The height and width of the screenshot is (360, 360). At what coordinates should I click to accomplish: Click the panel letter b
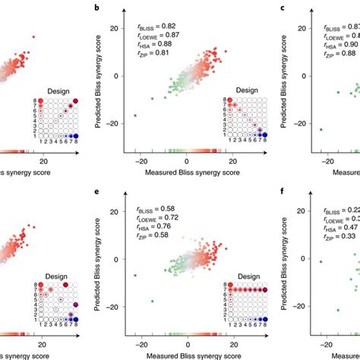point(118,7)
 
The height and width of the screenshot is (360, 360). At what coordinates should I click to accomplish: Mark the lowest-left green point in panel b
point(136,115)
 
